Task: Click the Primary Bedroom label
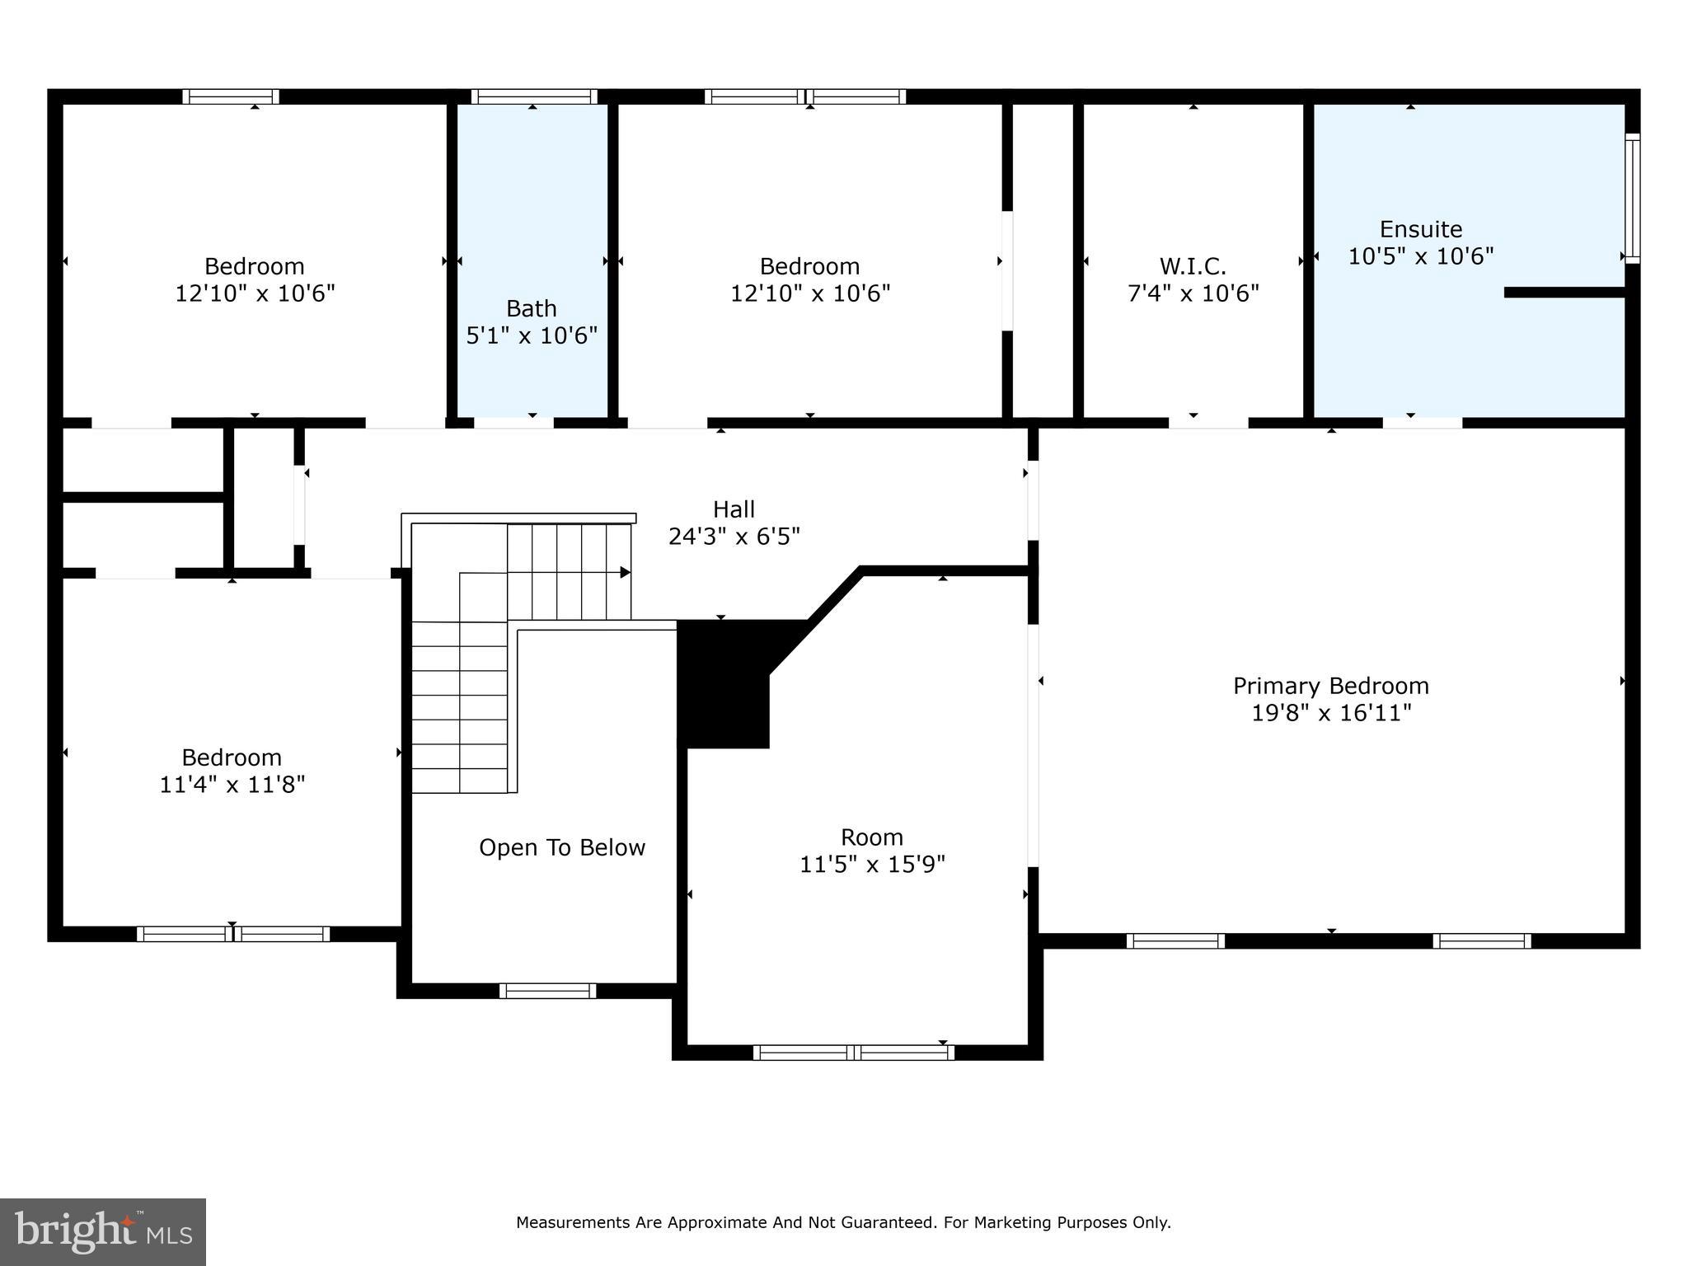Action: (1330, 686)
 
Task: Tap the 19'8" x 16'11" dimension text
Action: (1330, 713)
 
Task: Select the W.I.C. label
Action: (1193, 266)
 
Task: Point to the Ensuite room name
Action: (1420, 229)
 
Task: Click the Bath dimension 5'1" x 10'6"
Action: (532, 335)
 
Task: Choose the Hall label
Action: (734, 509)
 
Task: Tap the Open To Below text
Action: (562, 847)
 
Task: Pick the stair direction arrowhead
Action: (626, 572)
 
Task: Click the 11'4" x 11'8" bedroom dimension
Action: (232, 784)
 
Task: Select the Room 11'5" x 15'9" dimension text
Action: (872, 864)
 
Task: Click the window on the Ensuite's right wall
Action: (1632, 198)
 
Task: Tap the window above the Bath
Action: (534, 96)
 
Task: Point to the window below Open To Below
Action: (547, 991)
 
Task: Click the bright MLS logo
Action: (103, 1231)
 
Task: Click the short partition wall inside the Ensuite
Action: (1564, 293)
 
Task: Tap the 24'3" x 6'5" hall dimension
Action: (734, 537)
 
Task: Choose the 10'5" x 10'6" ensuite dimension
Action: (1420, 256)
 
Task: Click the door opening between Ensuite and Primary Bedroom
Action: (1422, 423)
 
